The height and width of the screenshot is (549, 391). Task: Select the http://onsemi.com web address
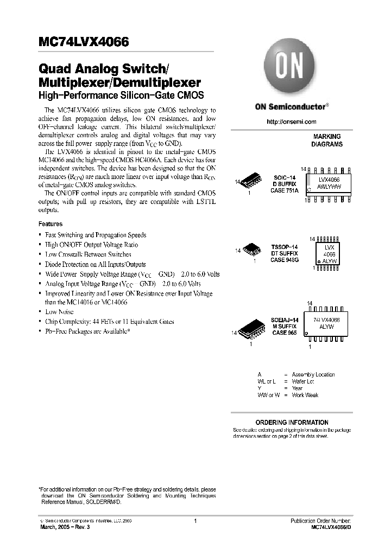pos(292,122)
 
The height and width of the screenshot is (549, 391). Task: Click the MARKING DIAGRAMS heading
pos(326,141)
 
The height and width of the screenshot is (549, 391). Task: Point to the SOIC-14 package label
pos(285,177)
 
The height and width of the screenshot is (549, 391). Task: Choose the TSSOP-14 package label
pos(285,247)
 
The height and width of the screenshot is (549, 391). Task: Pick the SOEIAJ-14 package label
pos(285,320)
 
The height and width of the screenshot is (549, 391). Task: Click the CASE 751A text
pos(285,190)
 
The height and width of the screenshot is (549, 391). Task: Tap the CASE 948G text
pos(285,260)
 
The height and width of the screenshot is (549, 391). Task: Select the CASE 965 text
pos(285,333)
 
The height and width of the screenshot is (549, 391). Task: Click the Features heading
pos(51,224)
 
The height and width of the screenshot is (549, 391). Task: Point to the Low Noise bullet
pos(59,312)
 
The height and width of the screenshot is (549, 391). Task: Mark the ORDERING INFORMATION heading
pos(292,422)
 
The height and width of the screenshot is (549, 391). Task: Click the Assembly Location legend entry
pos(313,374)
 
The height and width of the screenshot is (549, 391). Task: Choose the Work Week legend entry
pos(305,395)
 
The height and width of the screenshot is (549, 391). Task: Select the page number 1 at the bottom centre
pos(194,521)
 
